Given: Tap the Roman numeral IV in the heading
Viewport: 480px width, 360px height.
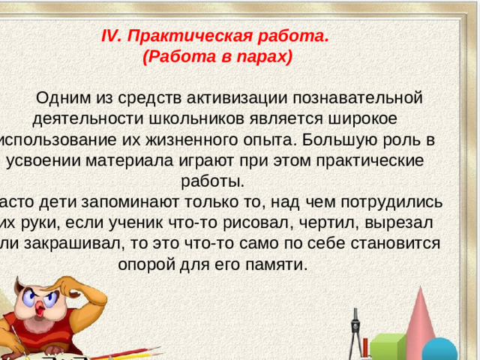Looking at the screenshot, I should [x=110, y=35].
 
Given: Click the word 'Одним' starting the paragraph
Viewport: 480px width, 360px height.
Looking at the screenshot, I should [x=70, y=97].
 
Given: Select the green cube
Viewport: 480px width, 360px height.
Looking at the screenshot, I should [x=386, y=347].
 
